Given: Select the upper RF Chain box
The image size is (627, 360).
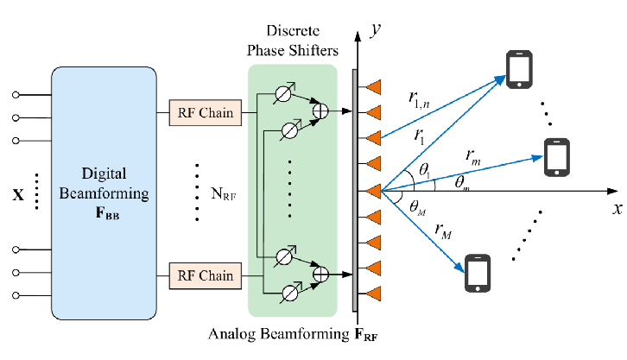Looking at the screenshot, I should [206, 112].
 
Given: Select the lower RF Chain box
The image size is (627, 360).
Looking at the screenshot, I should [206, 275].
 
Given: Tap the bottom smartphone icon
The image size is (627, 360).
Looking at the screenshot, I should [478, 273].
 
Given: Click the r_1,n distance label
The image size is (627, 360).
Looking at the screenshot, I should [423, 99].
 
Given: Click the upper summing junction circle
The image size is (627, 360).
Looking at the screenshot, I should [320, 111].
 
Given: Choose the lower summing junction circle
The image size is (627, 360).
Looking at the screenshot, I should [320, 275].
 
